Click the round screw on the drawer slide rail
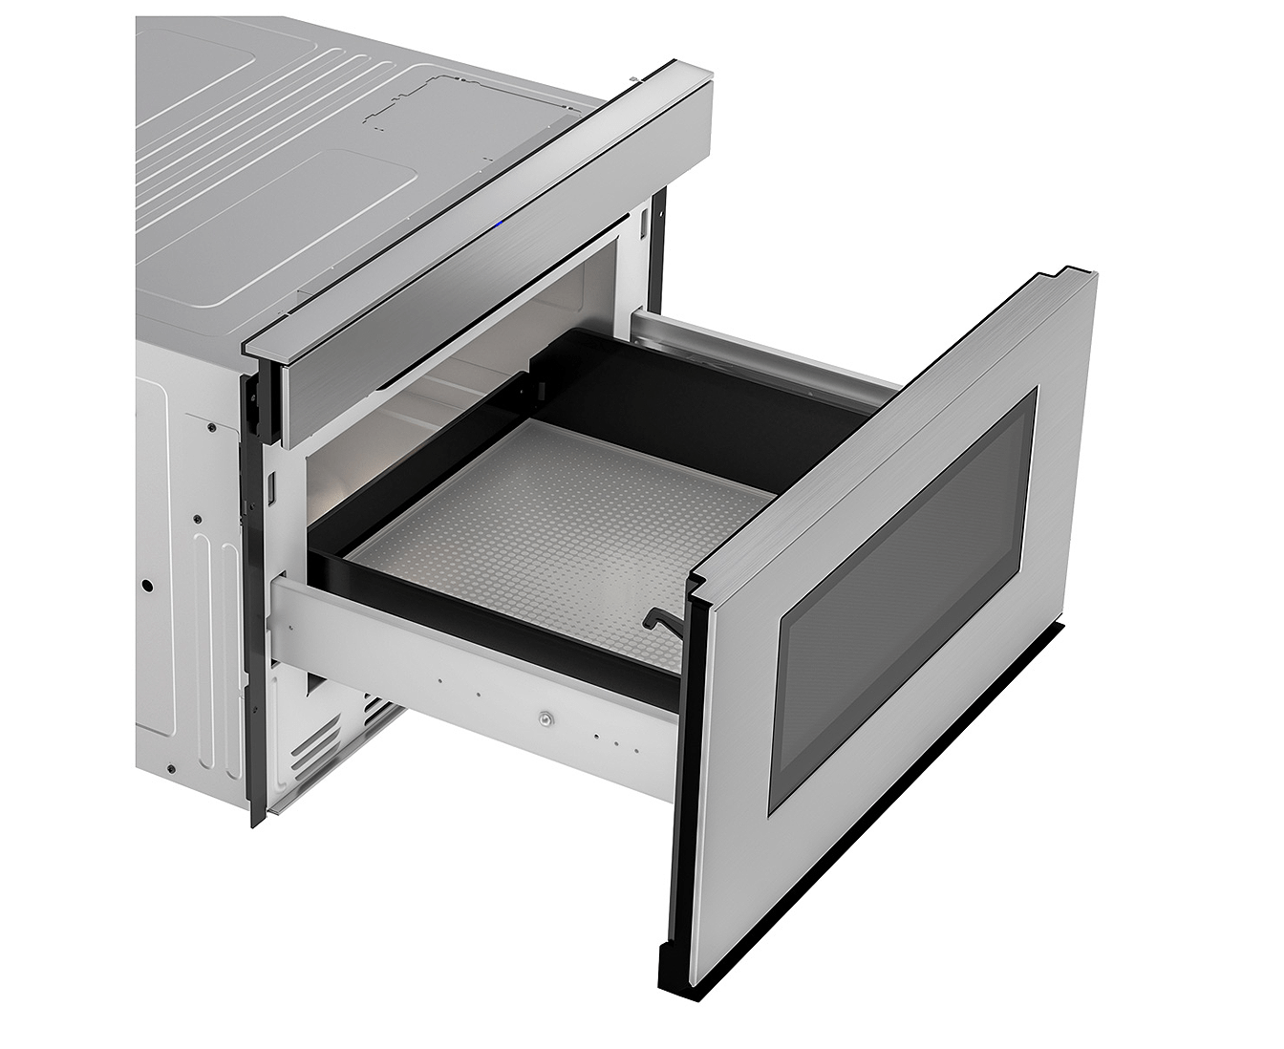coord(545,716)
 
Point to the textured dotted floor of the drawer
coord(564,535)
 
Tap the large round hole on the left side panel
coord(147,584)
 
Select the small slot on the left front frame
coord(271,488)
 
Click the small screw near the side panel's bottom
coord(170,769)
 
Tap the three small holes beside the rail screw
coord(608,737)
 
